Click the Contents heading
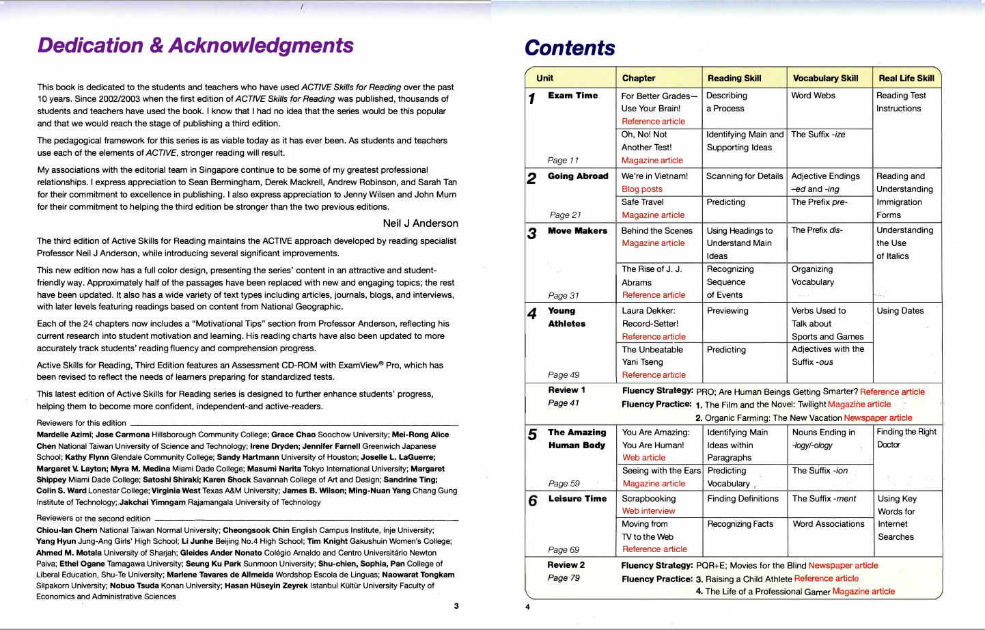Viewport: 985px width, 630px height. click(x=570, y=48)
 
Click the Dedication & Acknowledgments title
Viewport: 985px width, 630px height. click(x=195, y=45)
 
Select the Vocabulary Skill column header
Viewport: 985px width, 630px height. click(x=825, y=78)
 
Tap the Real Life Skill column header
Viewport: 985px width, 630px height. click(x=906, y=78)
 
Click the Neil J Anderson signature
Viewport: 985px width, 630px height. click(x=420, y=223)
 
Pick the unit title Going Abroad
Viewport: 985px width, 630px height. click(x=578, y=176)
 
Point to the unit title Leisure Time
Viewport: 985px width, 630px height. click(x=577, y=499)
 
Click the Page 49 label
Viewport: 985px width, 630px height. click(x=564, y=375)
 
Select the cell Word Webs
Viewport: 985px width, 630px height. click(x=813, y=96)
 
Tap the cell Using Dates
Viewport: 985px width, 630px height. click(x=900, y=311)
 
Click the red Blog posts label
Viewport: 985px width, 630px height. click(x=641, y=189)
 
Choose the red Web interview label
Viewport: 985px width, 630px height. click(x=648, y=511)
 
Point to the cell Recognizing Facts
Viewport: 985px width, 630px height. click(x=740, y=524)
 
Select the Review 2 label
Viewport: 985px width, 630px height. click(x=566, y=565)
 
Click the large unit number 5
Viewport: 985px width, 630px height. click(x=532, y=435)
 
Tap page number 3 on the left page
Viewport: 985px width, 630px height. click(x=456, y=606)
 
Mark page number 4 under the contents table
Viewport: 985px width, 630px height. click(x=527, y=607)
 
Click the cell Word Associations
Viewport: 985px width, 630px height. click(x=828, y=524)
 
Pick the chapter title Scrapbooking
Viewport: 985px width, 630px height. click(x=648, y=499)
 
